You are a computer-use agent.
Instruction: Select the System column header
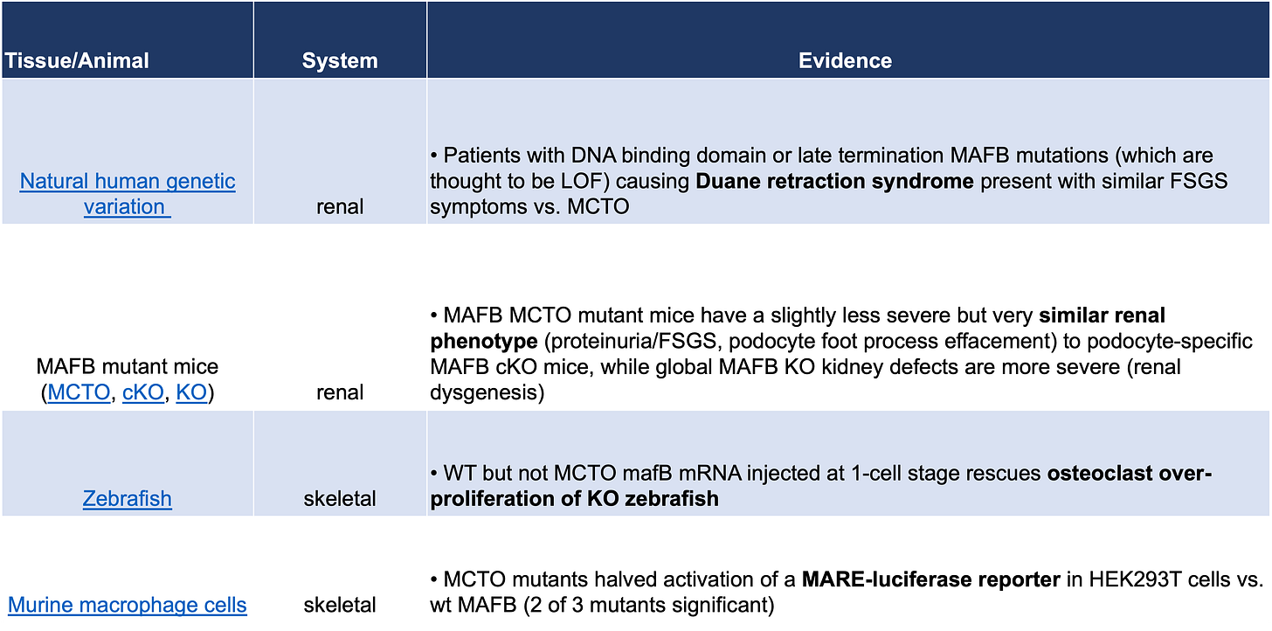340,60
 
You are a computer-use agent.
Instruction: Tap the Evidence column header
845,60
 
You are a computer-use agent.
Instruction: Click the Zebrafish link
128,498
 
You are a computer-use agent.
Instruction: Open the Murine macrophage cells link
128,604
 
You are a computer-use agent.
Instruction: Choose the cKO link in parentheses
142,392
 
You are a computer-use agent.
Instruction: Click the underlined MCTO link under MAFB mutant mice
79,392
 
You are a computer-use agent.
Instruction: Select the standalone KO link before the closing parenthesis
191,392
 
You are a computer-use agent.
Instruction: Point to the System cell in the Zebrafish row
340,498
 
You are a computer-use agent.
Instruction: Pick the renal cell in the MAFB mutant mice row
340,392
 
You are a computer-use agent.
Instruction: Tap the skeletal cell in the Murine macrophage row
340,604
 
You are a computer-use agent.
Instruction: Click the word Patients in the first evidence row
480,156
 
